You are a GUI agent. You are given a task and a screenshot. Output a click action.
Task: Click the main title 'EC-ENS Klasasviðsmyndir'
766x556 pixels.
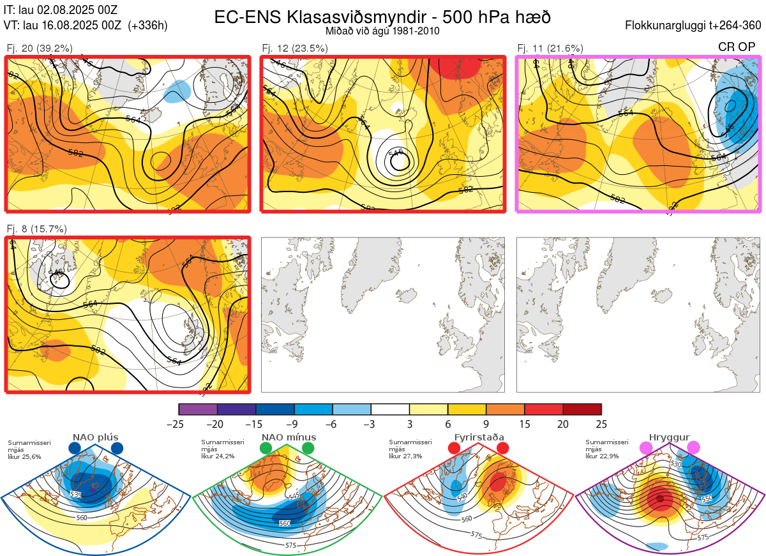[x=329, y=17]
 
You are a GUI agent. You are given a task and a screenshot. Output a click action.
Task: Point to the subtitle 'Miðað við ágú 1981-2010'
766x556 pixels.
[x=382, y=31]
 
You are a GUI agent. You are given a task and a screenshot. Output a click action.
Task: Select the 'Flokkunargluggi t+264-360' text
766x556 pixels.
[x=695, y=26]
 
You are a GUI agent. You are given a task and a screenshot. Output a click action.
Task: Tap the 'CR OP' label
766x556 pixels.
[x=737, y=47]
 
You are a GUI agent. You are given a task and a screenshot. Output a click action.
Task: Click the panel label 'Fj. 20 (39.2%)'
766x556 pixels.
[x=40, y=48]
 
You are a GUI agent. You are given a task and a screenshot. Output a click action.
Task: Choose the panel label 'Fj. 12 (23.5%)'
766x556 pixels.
[x=295, y=48]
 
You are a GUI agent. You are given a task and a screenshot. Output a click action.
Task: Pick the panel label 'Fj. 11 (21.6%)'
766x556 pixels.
[x=550, y=48]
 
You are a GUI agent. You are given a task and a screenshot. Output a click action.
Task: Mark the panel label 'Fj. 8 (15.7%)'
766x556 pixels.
[x=37, y=229]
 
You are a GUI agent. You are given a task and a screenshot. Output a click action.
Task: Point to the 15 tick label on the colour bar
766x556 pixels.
[x=525, y=424]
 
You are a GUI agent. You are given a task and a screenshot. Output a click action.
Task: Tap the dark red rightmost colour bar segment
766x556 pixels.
[x=582, y=409]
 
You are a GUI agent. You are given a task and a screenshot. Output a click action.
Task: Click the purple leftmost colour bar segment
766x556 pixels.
[x=198, y=409]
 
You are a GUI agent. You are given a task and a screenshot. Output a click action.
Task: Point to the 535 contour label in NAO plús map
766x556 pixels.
[x=76, y=495]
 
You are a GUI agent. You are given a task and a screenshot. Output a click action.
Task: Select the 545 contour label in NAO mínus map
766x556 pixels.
[x=294, y=497]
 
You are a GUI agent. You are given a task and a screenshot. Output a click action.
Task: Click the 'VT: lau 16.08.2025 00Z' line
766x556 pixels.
[x=86, y=26]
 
